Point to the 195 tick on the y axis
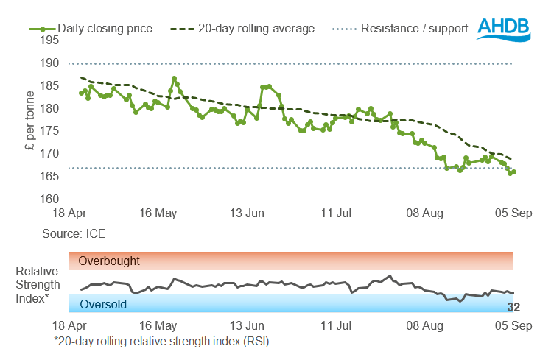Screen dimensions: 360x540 pos(50,40)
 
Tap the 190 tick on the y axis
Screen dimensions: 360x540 pos(50,63)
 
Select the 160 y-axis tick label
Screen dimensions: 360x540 pos(50,199)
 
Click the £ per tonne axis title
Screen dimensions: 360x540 pos(29,120)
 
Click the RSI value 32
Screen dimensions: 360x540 pos(513,307)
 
